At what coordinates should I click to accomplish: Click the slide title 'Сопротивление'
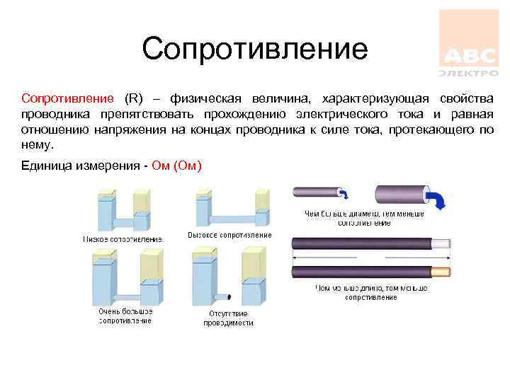coord(255,50)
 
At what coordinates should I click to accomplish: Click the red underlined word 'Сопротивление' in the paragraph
coord(67,98)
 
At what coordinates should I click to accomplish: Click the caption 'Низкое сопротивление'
coord(123,239)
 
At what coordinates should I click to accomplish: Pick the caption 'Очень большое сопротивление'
coord(125,316)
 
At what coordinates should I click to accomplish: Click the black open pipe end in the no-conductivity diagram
coord(229,296)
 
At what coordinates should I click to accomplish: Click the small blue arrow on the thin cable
coord(344,192)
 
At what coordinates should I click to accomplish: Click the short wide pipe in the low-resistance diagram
coord(123,223)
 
